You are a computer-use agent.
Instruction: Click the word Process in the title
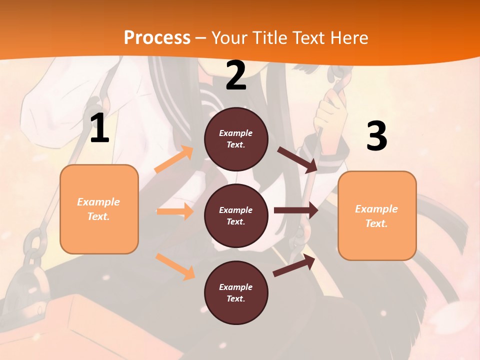[x=157, y=38]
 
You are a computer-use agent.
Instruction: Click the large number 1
[x=99, y=128]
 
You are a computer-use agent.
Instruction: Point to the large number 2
[x=236, y=76]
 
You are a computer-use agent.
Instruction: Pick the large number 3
[x=376, y=136]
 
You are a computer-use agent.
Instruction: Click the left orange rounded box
[x=99, y=209]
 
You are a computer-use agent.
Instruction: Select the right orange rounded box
[x=377, y=215]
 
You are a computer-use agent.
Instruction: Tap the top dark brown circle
[x=236, y=139]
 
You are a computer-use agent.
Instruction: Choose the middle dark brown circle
[x=236, y=215]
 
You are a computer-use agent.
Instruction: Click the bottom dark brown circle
[x=236, y=292]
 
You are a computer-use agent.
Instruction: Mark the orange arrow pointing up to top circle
[x=173, y=159]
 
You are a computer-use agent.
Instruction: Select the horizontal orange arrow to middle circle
[x=175, y=211]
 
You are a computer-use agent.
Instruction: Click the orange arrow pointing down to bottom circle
[x=175, y=266]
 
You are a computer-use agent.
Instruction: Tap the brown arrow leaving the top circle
[x=297, y=159]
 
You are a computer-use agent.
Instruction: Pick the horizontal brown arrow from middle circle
[x=295, y=210]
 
